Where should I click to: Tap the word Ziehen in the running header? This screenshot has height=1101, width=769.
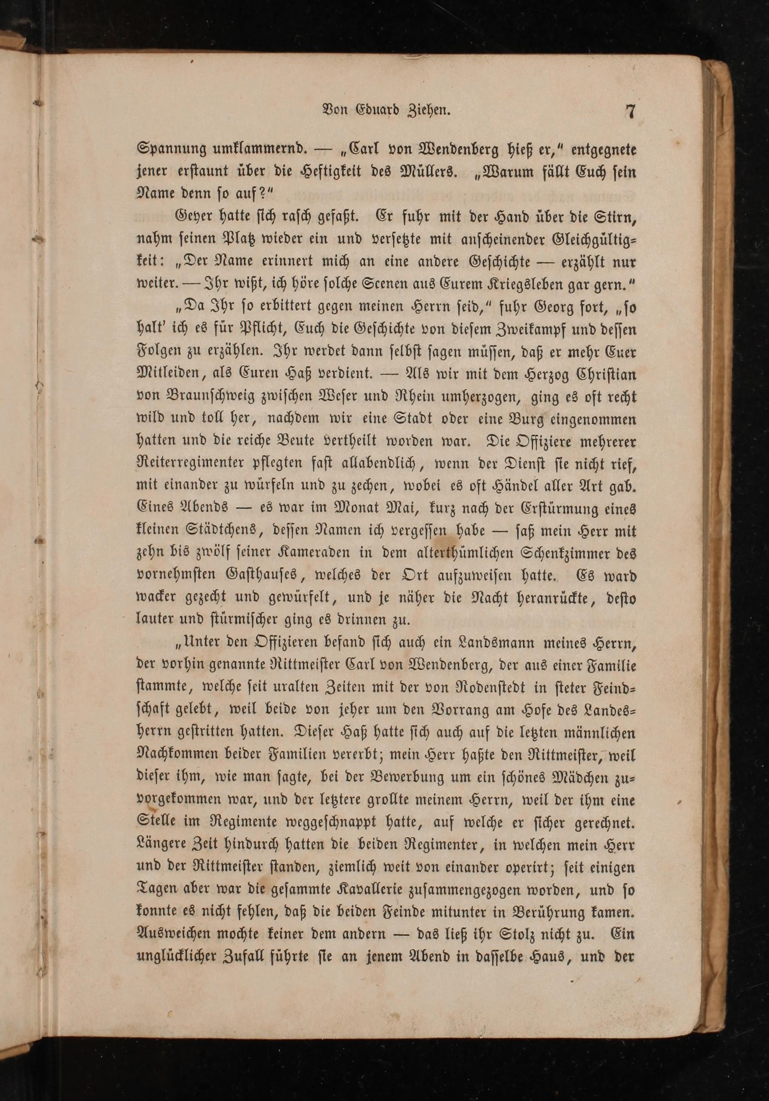(432, 111)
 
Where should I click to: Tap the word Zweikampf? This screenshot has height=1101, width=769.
(526, 330)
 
